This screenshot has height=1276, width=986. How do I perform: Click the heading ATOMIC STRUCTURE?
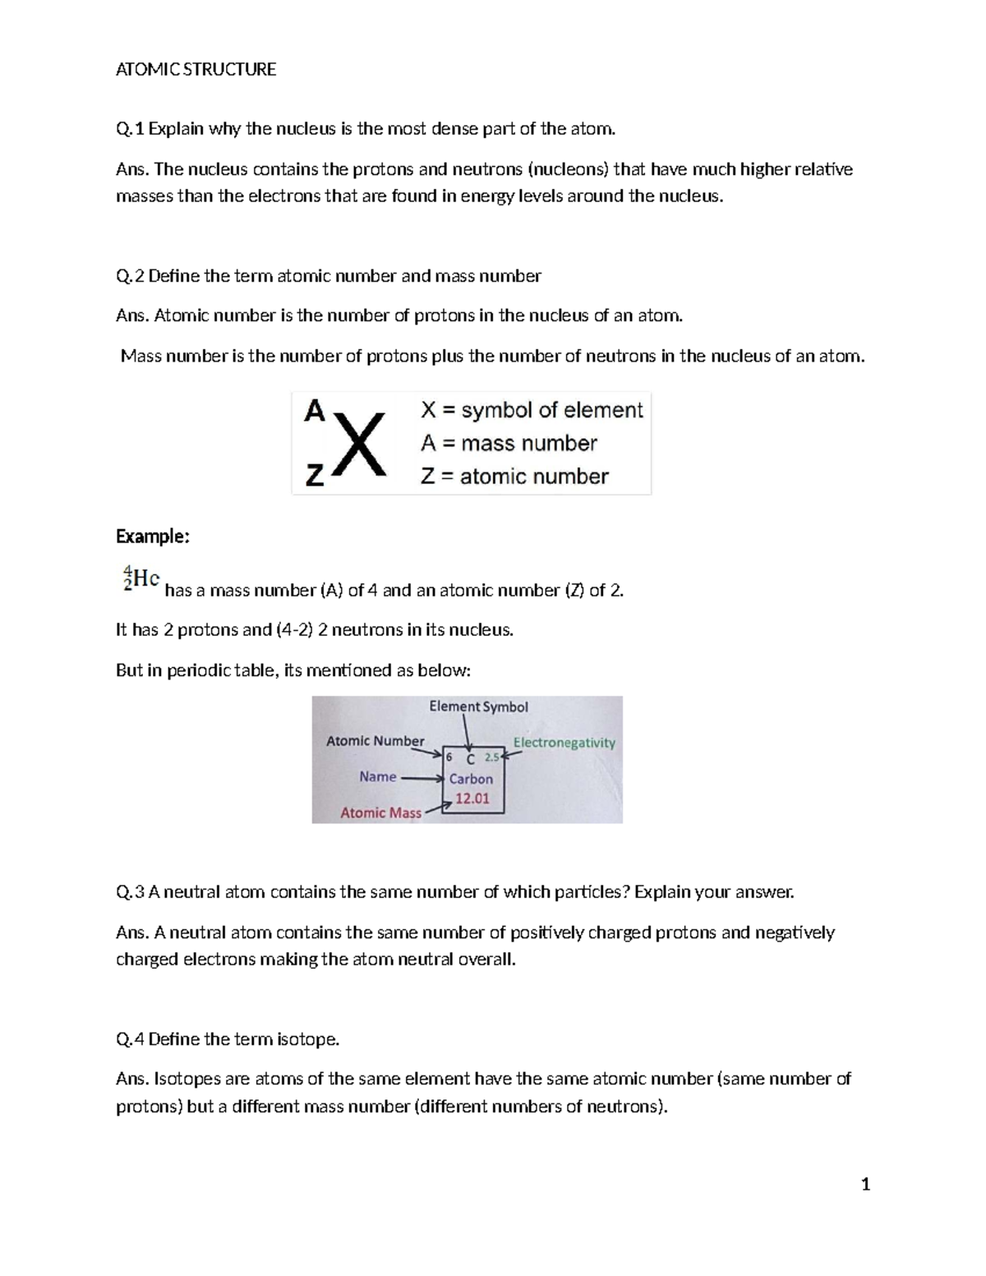pos(196,70)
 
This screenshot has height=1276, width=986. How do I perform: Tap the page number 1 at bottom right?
pos(864,1184)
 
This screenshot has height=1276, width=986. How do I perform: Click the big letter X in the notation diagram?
pos(358,445)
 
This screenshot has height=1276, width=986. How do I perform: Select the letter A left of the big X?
pos(315,411)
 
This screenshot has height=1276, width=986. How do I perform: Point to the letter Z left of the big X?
pos(315,476)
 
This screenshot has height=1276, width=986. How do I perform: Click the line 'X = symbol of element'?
pos(532,410)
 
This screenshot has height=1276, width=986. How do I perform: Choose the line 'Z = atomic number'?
pos(514,477)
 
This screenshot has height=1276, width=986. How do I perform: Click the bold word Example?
pos(153,537)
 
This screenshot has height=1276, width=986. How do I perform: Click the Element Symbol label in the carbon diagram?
pos(478,707)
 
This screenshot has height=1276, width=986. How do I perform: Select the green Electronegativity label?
pos(564,743)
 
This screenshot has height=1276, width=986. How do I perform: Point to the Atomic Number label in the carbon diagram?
pos(375,741)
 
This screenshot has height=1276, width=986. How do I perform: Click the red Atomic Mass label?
pos(380,813)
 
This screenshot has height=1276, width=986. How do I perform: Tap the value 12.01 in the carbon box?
pos(472,798)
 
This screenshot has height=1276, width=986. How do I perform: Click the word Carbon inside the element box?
pos(471,779)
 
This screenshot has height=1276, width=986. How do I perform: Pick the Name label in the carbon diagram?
pos(378,776)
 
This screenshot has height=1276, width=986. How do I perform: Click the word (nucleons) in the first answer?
pos(568,170)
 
